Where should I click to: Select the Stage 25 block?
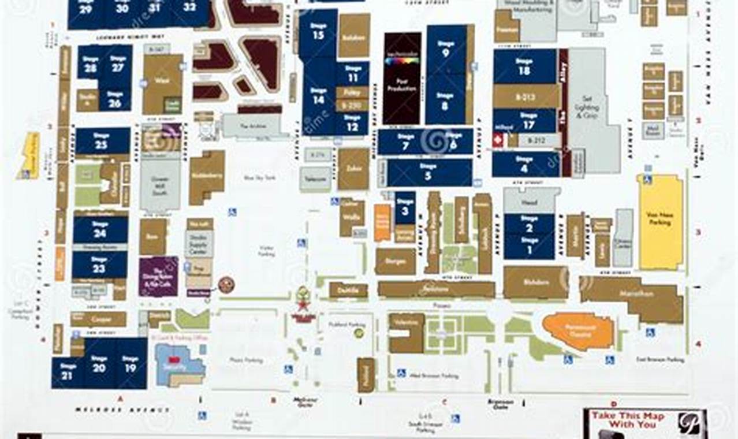[x=102, y=142]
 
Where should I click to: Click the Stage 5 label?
[x=428, y=173]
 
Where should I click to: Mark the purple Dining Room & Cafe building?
[x=158, y=276]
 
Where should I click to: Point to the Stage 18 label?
[x=524, y=66]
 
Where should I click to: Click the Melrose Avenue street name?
[x=122, y=410]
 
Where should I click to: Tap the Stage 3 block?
[x=405, y=208]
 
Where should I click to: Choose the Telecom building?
[x=315, y=180]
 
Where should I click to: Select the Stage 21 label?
[x=68, y=371]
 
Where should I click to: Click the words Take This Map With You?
[x=627, y=420]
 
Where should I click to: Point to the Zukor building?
[x=353, y=169]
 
